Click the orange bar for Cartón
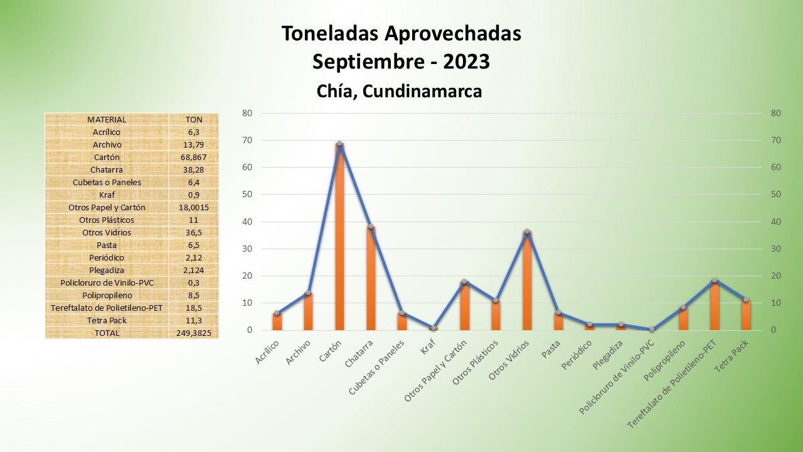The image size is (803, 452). [x=339, y=239]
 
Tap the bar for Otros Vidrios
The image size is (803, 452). [x=527, y=282]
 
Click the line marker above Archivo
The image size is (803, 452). [x=308, y=293]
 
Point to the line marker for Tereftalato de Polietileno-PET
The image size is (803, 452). [x=715, y=280]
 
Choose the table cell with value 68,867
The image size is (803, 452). [x=194, y=157]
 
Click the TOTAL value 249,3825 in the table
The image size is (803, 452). [x=194, y=333]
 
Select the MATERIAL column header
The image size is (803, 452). [x=107, y=119]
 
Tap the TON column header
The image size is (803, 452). [x=194, y=119]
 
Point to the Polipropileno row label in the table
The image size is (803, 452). [x=107, y=295]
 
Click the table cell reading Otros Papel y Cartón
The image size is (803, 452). [x=107, y=207]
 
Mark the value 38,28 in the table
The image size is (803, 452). [x=194, y=169]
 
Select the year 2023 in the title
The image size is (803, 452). [x=466, y=62]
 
